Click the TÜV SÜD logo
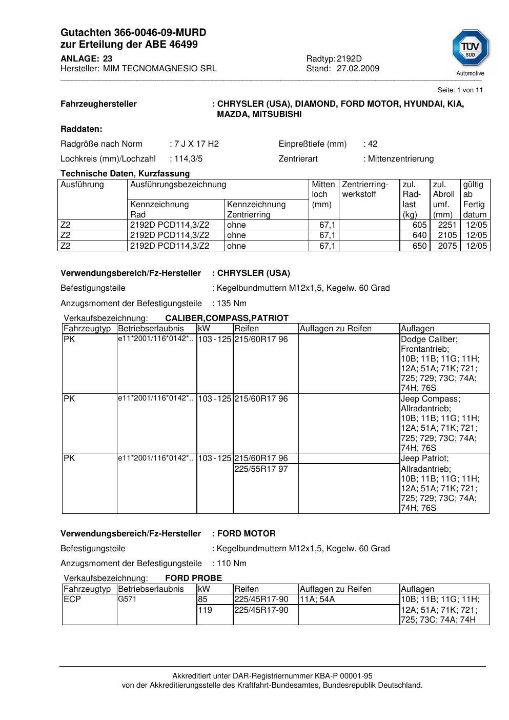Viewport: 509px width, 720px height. pyautogui.click(x=470, y=49)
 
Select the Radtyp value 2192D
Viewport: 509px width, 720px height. pyautogui.click(x=349, y=58)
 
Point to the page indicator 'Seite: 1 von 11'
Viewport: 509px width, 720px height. pyautogui.click(x=460, y=90)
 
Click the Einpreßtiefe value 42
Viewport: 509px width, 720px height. pyautogui.click(x=373, y=144)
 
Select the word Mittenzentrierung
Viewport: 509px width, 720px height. pyautogui.click(x=400, y=158)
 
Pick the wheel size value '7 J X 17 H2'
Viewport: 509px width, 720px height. pyautogui.click(x=196, y=144)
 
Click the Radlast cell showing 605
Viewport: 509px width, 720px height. pyautogui.click(x=419, y=225)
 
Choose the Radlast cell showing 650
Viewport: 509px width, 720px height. pyautogui.click(x=419, y=246)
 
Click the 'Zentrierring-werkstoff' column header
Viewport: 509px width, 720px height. pyautogui.click(x=365, y=189)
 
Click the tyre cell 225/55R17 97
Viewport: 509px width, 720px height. pyautogui.click(x=261, y=469)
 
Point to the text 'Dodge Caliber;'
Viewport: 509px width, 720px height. pyautogui.click(x=429, y=339)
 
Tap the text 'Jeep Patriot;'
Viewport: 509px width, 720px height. pyautogui.click(x=424, y=458)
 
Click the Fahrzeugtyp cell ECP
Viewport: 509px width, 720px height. pyautogui.click(x=72, y=599)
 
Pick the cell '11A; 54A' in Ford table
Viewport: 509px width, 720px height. pyautogui.click(x=317, y=599)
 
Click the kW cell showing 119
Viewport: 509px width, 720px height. pyautogui.click(x=205, y=610)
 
